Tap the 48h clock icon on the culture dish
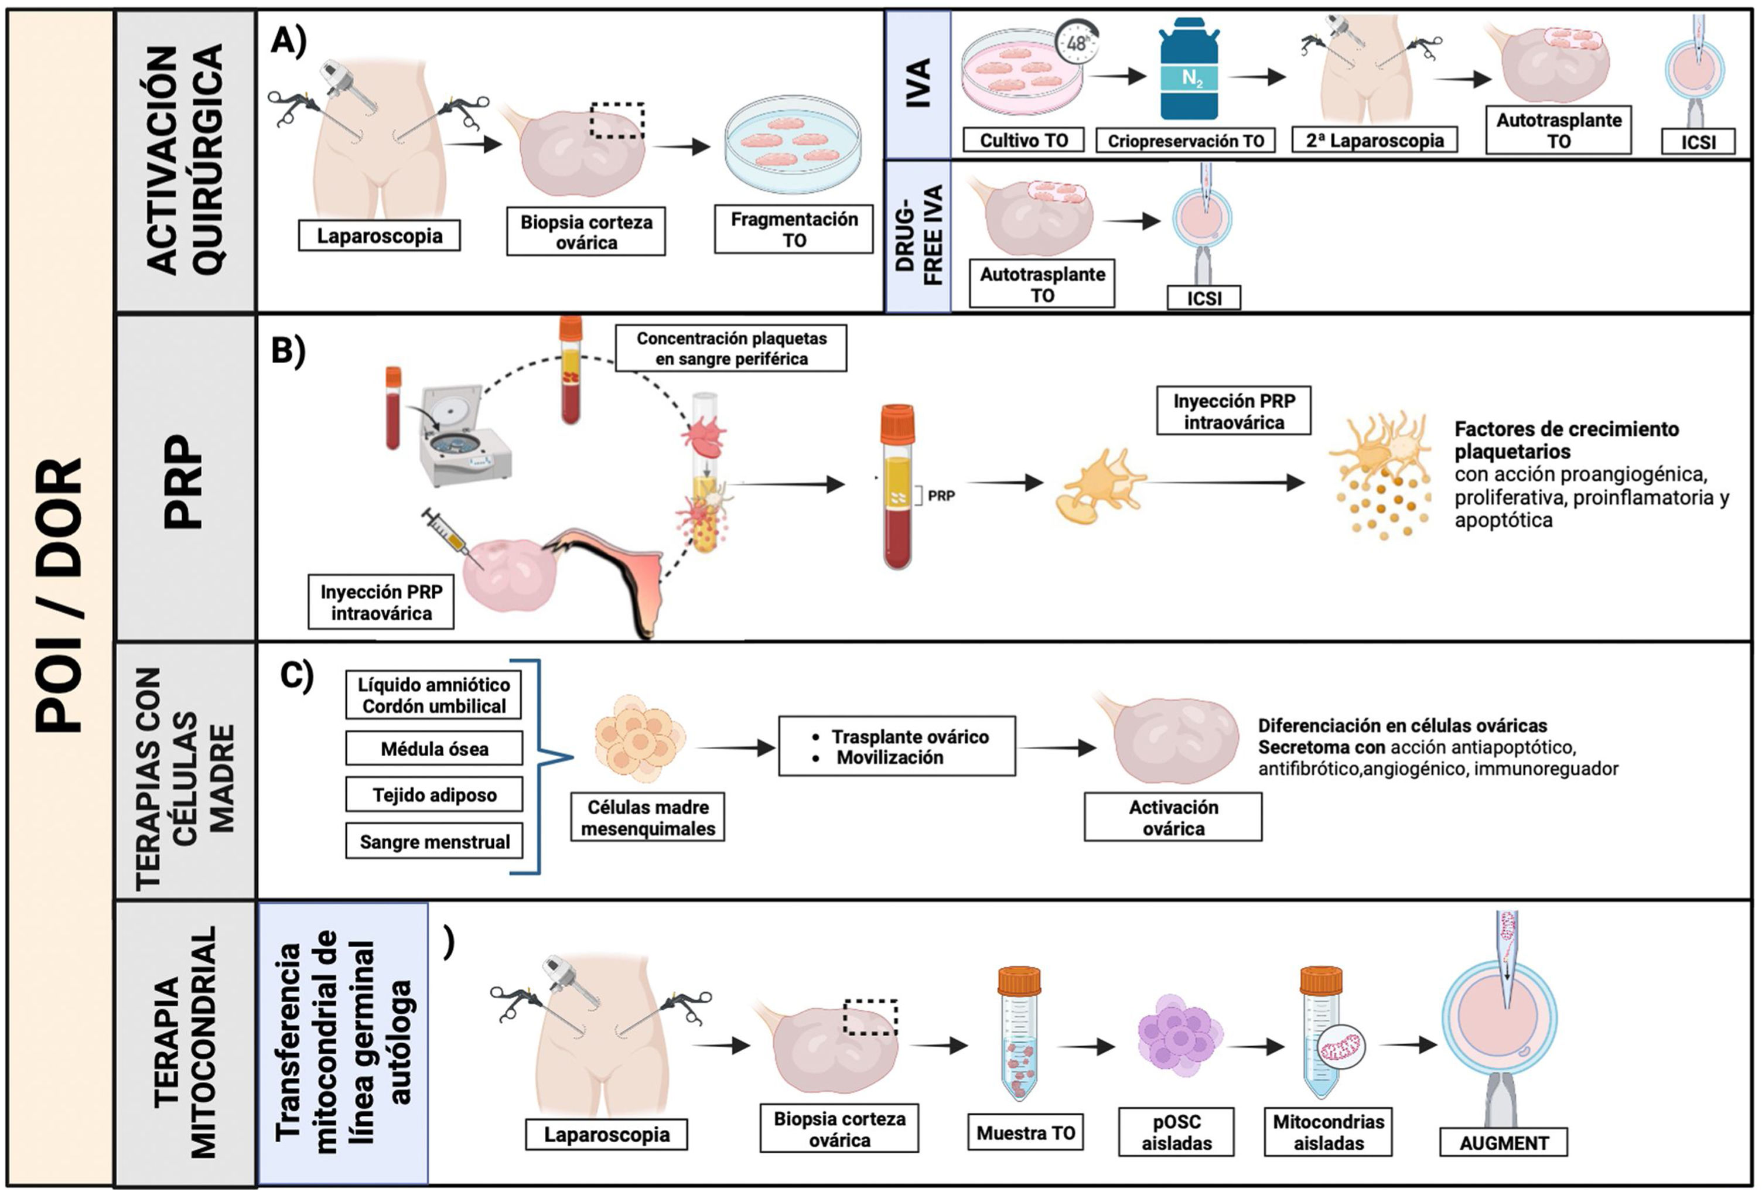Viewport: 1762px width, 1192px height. click(1077, 42)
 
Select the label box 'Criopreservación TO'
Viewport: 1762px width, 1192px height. click(1185, 140)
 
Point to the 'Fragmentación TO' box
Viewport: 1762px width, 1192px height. click(793, 229)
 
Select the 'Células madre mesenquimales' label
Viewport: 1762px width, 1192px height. click(647, 818)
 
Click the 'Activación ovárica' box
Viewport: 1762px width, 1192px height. click(1172, 818)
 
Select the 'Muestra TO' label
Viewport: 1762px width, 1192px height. click(1025, 1133)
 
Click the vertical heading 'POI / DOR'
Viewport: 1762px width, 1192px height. click(59, 595)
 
